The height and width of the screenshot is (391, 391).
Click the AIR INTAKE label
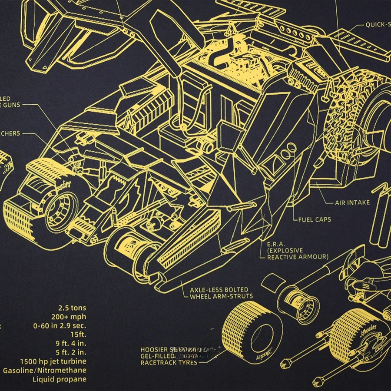[x=352, y=202]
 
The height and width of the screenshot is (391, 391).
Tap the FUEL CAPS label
[x=314, y=220]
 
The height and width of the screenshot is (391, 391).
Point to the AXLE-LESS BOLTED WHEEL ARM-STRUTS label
[x=219, y=293]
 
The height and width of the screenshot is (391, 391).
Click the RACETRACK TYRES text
[x=169, y=362]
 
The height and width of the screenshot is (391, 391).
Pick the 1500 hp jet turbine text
[x=53, y=361]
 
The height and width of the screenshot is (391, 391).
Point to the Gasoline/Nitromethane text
[x=45, y=371]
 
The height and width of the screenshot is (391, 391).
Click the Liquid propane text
[x=60, y=379]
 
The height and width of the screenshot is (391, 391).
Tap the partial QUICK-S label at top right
[x=378, y=25]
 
